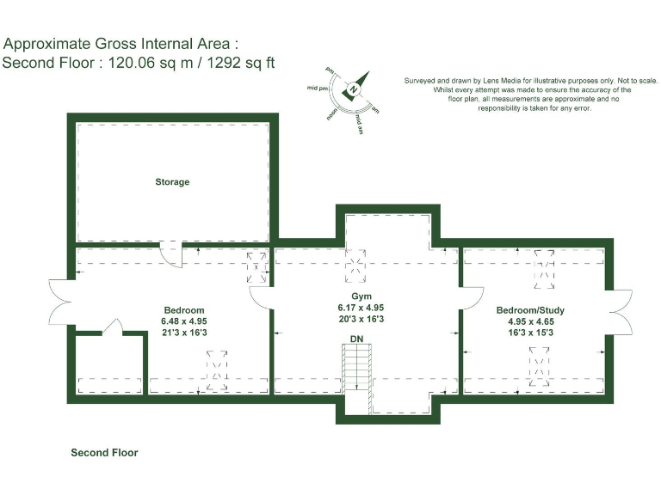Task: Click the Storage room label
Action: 172,182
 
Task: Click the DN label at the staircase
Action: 357,339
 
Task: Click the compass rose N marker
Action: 353,89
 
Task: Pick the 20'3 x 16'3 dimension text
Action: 361,319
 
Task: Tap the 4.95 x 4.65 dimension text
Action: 530,321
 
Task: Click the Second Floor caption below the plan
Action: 104,452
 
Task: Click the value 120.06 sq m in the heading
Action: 142,63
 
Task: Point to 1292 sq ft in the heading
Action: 237,63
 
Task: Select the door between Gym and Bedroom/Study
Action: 470,297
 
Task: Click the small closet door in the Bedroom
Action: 111,327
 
